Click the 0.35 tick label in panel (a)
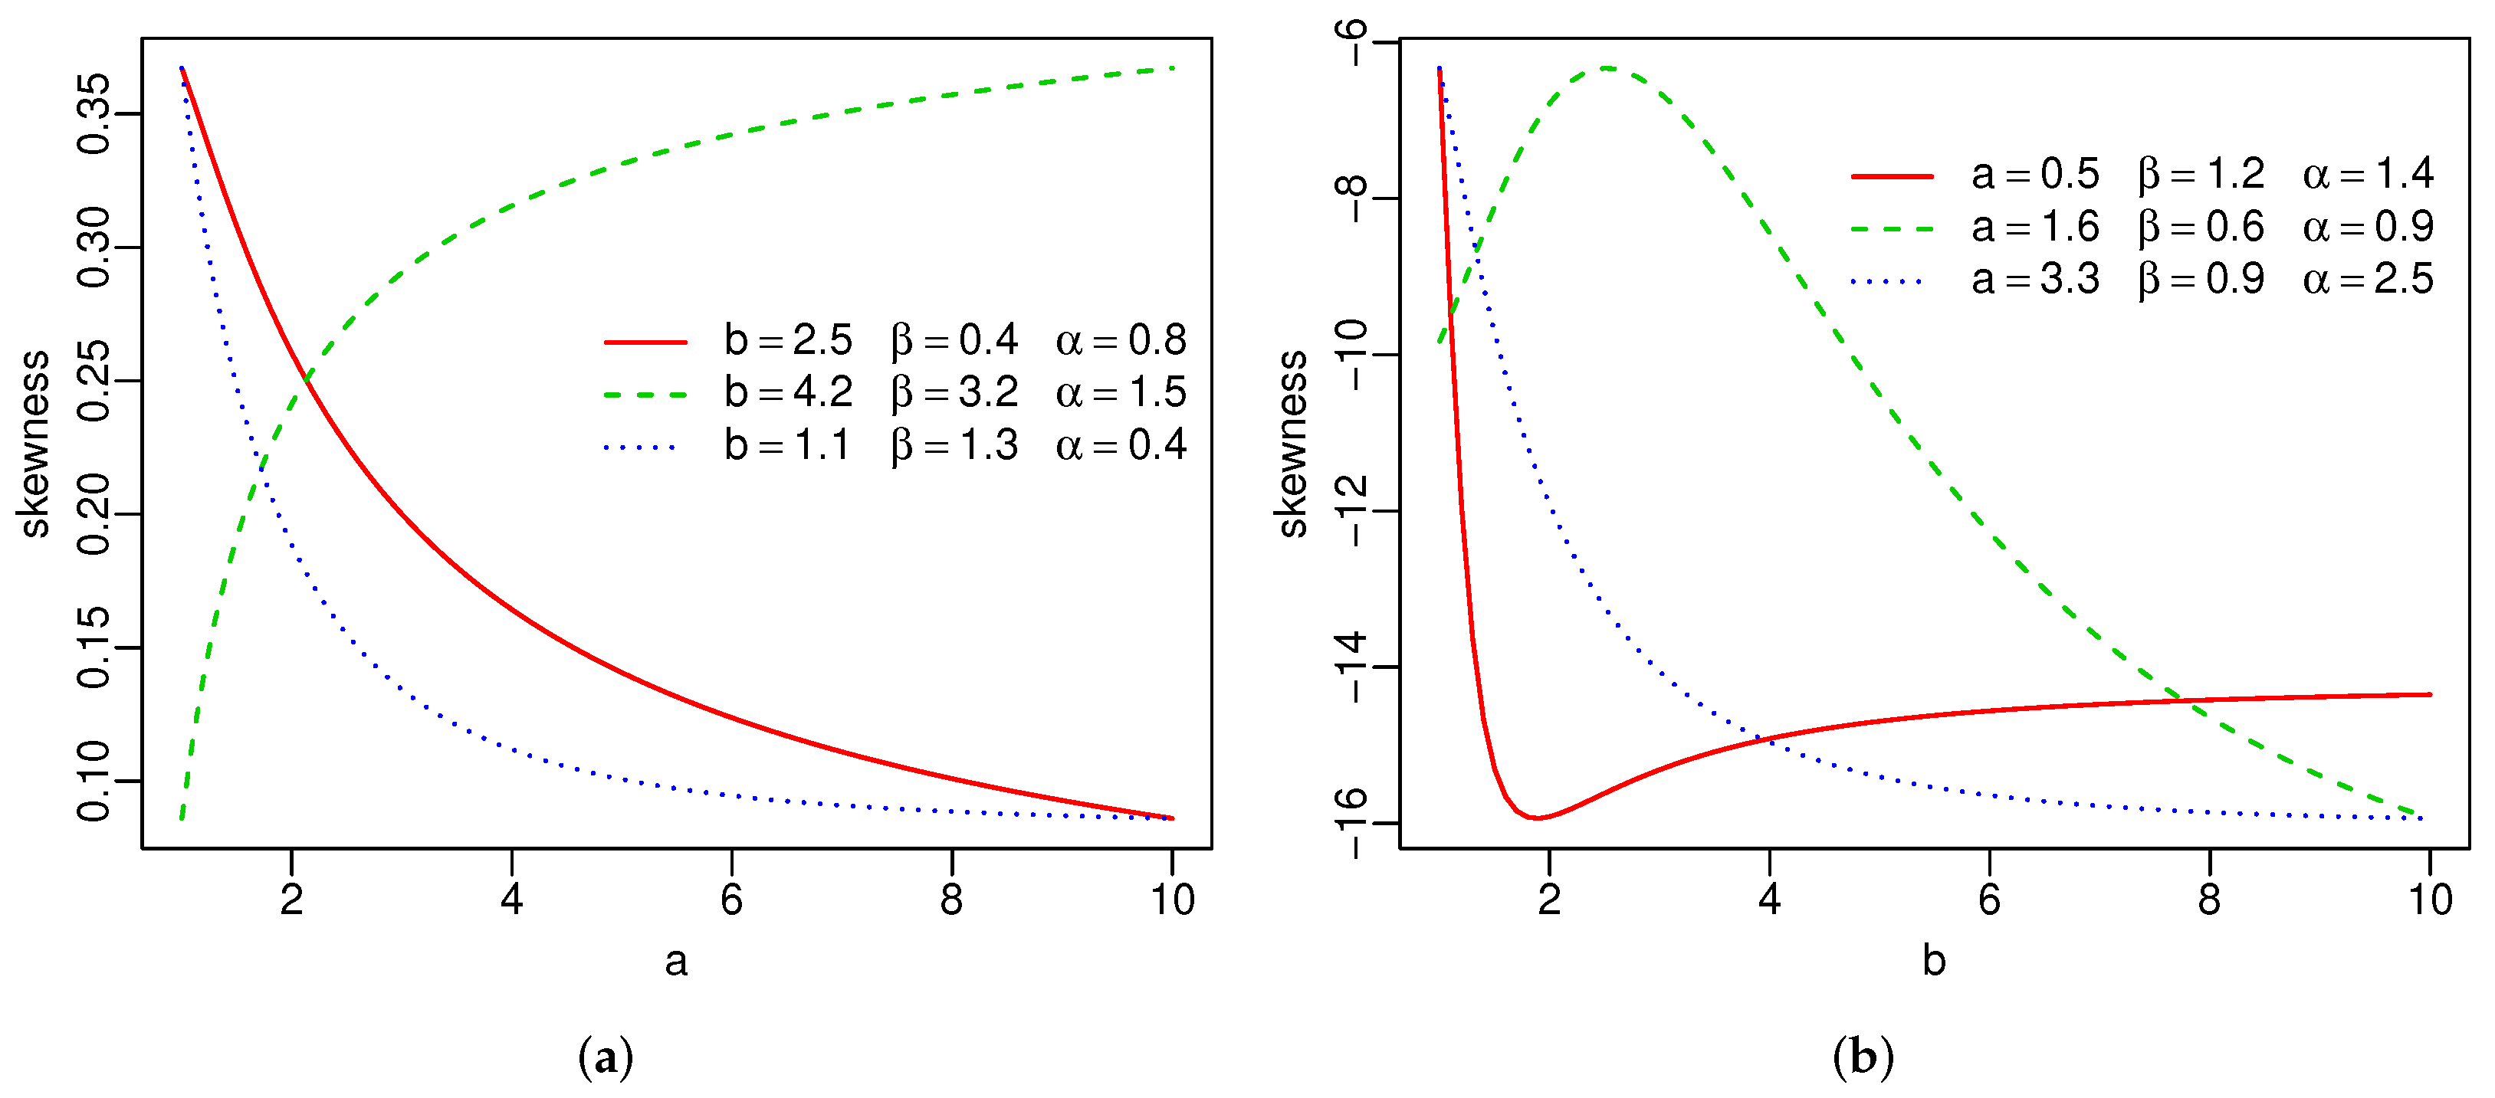(94, 113)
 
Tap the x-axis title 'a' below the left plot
(676, 962)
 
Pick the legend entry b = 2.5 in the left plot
(787, 341)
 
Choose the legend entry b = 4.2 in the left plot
(787, 393)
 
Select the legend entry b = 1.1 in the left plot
(787, 445)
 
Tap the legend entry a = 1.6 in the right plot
(2035, 228)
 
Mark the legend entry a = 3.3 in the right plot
(2035, 280)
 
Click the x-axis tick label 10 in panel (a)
(1172, 900)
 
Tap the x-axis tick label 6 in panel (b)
(1989, 900)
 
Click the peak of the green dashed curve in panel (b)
(1606, 67)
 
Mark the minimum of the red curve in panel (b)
(1536, 818)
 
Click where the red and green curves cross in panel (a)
(306, 379)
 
